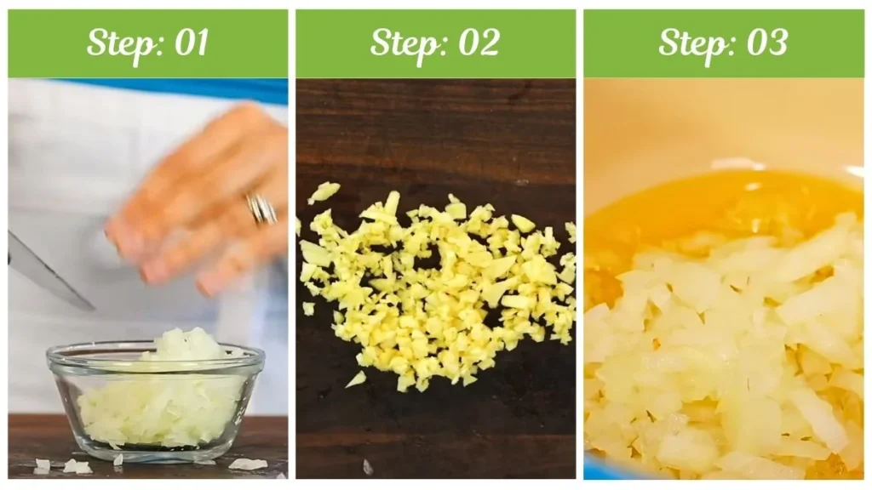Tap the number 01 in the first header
pyautogui.click(x=192, y=43)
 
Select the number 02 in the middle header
pyautogui.click(x=479, y=43)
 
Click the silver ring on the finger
pyautogui.click(x=261, y=209)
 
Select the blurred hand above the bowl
pyautogui.click(x=201, y=200)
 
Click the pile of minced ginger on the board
pyautogui.click(x=437, y=289)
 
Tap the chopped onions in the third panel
pyautogui.click(x=729, y=356)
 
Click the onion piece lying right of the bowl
pyautogui.click(x=248, y=464)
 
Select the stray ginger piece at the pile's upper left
pyautogui.click(x=324, y=191)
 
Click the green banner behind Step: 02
pyautogui.click(x=435, y=43)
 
